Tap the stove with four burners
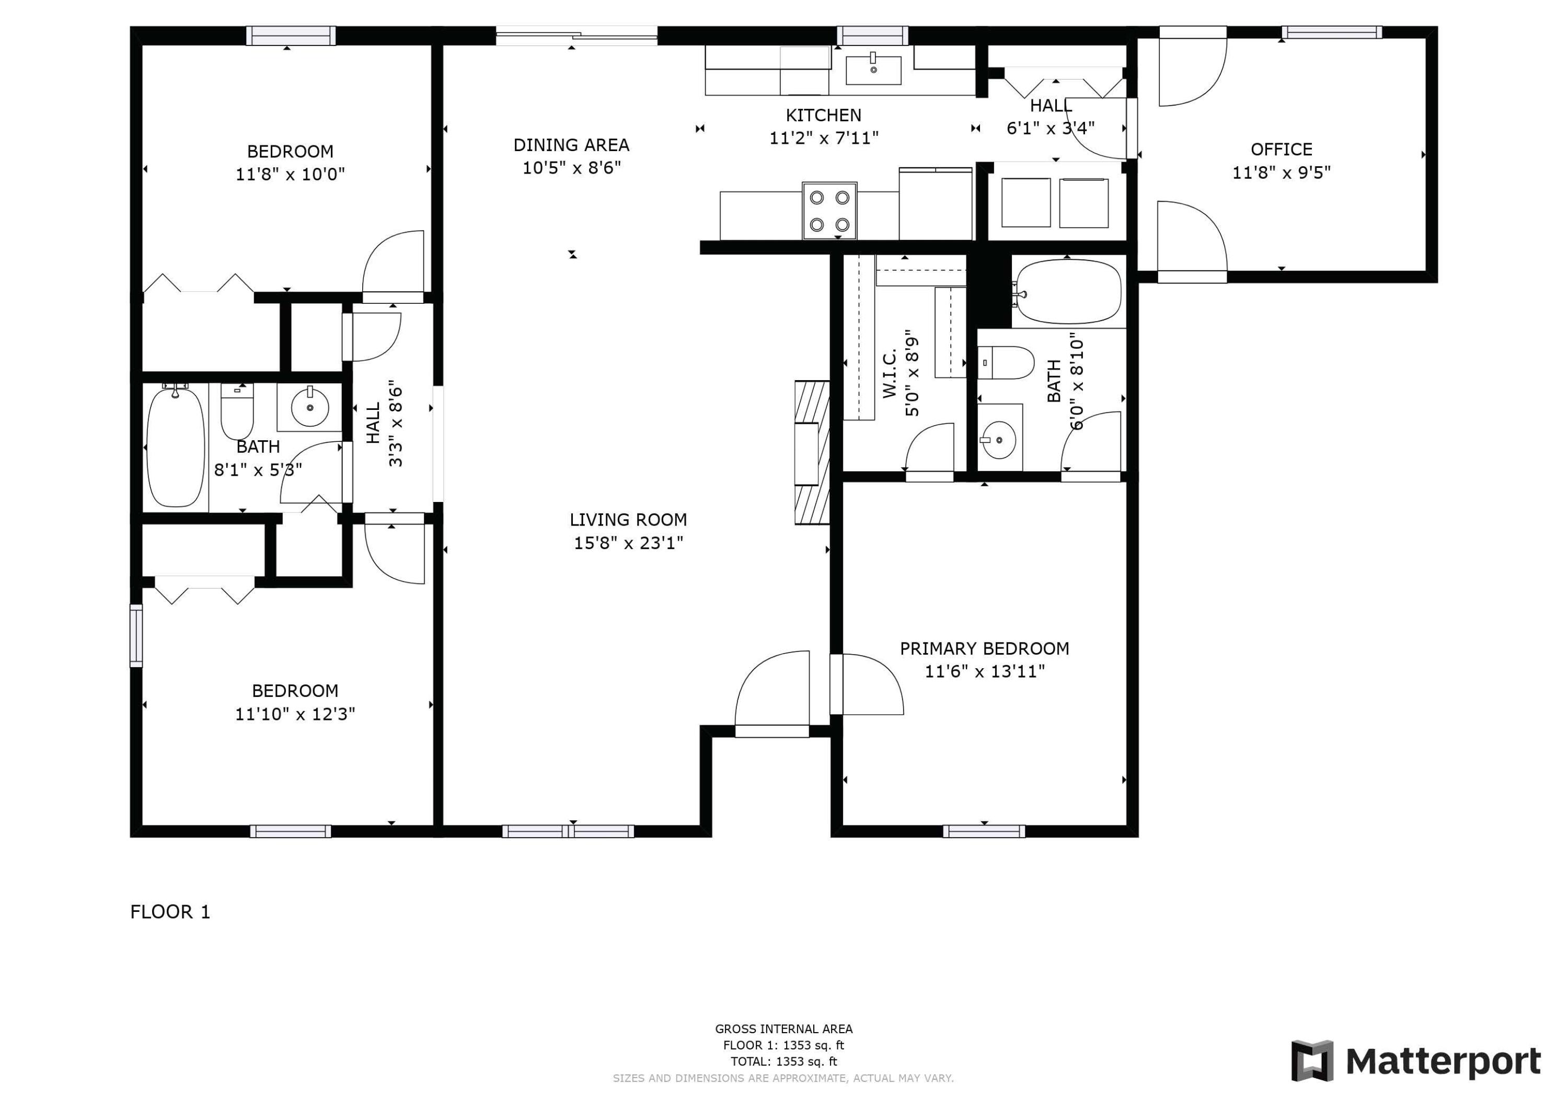pyautogui.click(x=829, y=211)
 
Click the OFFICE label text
pyautogui.click(x=1281, y=149)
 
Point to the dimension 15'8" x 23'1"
pyautogui.click(x=628, y=543)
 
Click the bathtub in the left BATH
pyautogui.click(x=176, y=448)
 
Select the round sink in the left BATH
pyautogui.click(x=310, y=408)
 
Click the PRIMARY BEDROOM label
pyautogui.click(x=984, y=648)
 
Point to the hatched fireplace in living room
pyautogui.click(x=812, y=452)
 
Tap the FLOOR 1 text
pyautogui.click(x=170, y=911)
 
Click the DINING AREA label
pyautogui.click(x=571, y=145)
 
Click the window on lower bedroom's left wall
pyautogui.click(x=136, y=635)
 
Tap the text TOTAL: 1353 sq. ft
pyautogui.click(x=783, y=1061)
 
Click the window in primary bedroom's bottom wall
pyautogui.click(x=984, y=831)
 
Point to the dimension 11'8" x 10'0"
pyautogui.click(x=290, y=174)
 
